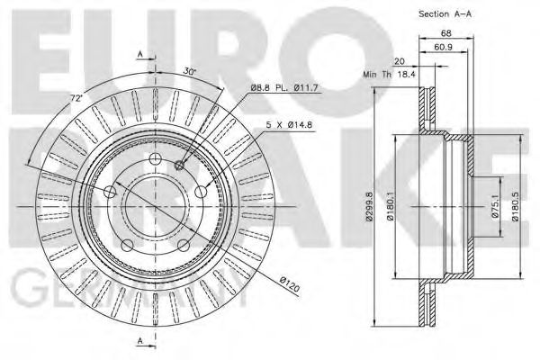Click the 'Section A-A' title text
[446, 14]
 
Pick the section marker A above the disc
[139, 55]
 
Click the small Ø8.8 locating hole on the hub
[181, 164]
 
